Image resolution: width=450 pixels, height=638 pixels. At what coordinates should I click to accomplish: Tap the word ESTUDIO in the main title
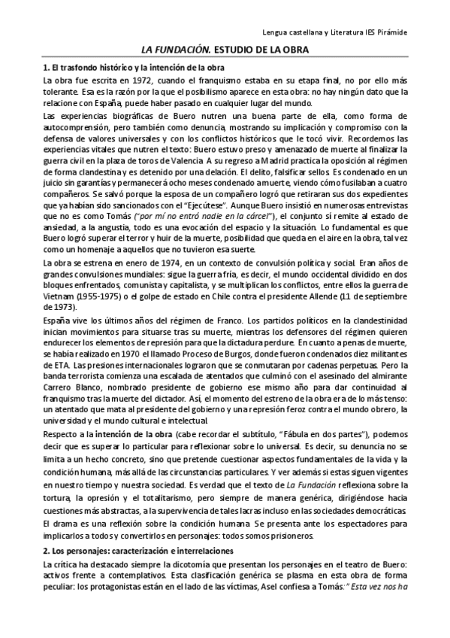click(220, 50)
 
